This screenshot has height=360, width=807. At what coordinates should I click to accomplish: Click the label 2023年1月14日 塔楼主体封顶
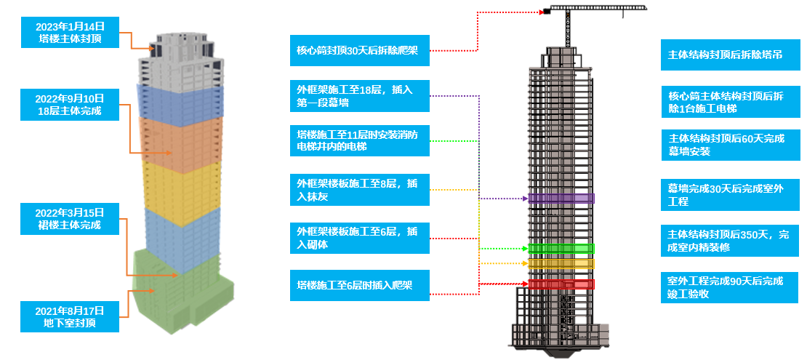point(71,33)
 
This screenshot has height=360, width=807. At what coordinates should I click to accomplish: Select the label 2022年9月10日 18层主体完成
point(71,105)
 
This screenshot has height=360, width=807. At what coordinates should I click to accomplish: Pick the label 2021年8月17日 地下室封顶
point(71,316)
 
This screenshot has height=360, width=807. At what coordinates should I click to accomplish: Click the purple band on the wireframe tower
point(561,198)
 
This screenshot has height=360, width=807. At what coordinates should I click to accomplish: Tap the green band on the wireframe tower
point(561,249)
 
